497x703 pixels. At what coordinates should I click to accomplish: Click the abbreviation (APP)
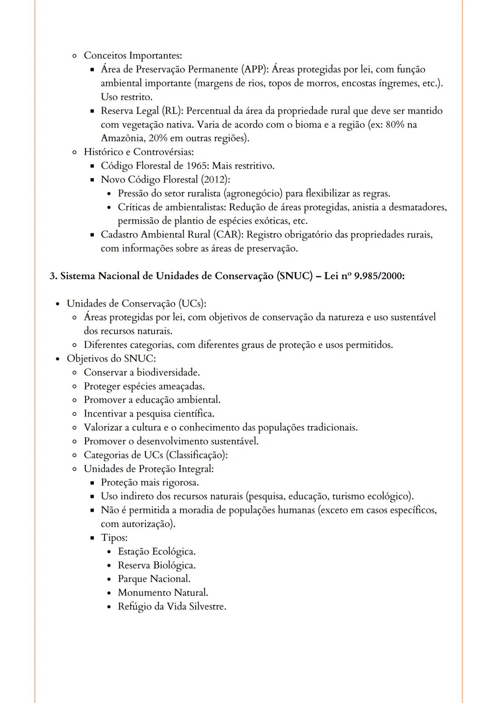point(254,69)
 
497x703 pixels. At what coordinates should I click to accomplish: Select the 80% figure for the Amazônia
point(395,125)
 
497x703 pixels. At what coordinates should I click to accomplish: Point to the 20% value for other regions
point(158,138)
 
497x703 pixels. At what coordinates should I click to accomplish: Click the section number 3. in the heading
point(53,276)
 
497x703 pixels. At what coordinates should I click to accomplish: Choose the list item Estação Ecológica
point(156,551)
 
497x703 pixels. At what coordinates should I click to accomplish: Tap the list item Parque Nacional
point(154,579)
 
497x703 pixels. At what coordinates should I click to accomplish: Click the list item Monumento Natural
point(163,593)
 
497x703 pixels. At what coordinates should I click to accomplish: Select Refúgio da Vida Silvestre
point(172,606)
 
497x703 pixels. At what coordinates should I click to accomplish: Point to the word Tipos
point(114,537)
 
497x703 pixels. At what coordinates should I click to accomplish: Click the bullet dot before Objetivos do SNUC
point(57,359)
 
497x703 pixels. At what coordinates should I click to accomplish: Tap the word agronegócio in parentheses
point(253,193)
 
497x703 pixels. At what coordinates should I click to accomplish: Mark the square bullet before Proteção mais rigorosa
point(92,483)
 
